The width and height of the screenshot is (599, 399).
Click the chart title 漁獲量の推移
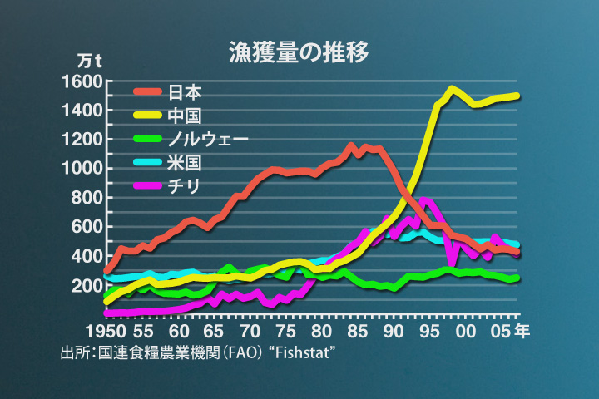click(x=299, y=51)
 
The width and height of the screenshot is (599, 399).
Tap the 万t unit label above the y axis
click(x=89, y=61)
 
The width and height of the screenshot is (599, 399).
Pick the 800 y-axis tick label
click(x=87, y=198)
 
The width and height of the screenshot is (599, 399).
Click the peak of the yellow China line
click(x=452, y=88)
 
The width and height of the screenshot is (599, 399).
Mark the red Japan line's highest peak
click(x=350, y=146)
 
